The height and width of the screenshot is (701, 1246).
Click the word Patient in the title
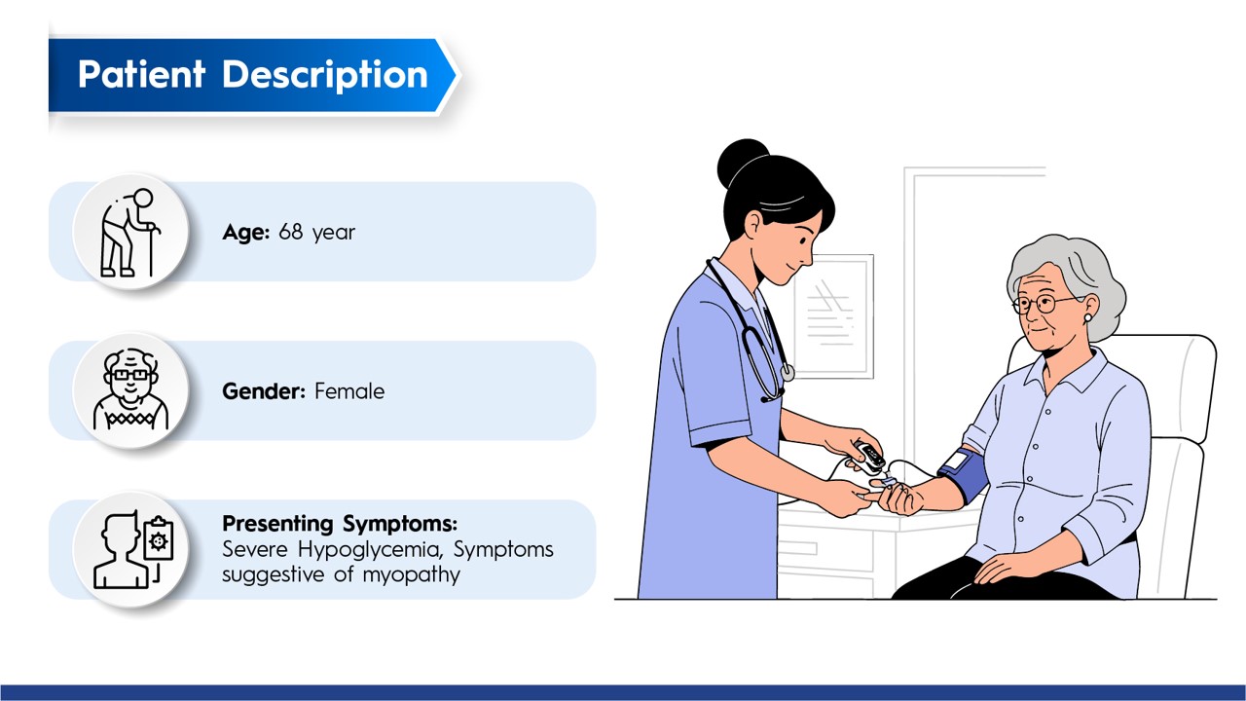(142, 74)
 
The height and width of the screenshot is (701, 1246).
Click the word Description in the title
(325, 76)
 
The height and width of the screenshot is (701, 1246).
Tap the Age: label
(246, 233)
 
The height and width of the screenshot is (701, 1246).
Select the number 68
(290, 232)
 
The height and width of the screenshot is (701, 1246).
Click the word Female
(349, 391)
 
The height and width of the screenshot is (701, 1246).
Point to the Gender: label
(264, 391)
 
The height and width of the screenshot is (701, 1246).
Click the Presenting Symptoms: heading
(340, 524)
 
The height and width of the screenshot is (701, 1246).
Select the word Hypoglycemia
(371, 550)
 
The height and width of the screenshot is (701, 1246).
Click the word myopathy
(412, 575)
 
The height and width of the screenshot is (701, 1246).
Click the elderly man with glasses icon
(130, 389)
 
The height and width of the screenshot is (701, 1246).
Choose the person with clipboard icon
(133, 550)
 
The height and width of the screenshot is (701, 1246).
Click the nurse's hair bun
(742, 163)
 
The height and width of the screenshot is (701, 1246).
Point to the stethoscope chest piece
(788, 372)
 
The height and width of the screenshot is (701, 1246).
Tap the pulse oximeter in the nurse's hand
(869, 458)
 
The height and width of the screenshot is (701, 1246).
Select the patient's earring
(1087, 317)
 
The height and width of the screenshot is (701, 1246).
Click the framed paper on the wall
(833, 316)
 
